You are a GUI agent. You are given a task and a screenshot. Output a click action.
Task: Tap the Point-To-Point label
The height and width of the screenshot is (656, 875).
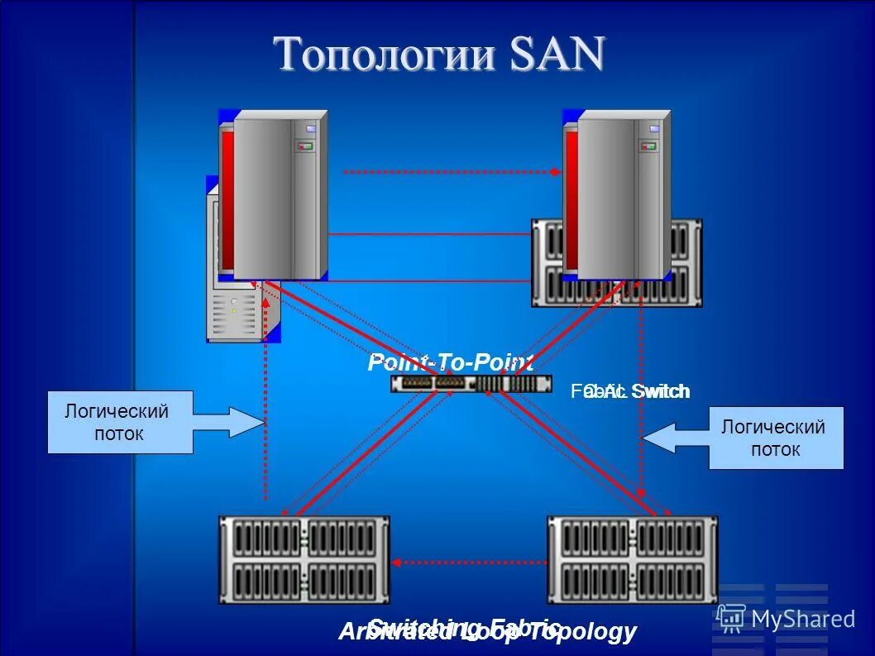coord(451,362)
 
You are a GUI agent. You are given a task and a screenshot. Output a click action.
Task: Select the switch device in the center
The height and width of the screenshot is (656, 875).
coord(471,384)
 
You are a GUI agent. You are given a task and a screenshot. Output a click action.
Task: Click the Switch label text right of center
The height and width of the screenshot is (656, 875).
coord(657,391)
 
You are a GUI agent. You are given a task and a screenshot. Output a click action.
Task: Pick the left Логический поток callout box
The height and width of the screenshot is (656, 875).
coord(119,422)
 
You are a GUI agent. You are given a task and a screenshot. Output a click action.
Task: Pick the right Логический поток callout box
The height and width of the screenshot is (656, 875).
coord(775,438)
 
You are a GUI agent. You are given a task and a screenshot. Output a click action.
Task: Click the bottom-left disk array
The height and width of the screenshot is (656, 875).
coord(304,558)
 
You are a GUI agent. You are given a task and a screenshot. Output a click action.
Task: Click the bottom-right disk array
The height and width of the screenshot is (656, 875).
coord(632,558)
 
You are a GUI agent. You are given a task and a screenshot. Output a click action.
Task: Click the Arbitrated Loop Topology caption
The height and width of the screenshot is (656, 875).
coord(487,633)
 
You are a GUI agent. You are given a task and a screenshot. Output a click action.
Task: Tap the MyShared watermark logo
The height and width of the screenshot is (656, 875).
coord(786,618)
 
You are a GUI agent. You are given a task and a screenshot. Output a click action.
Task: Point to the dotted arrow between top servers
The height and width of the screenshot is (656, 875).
coord(451,172)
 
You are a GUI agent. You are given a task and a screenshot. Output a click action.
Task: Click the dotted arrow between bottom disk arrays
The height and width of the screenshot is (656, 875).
coord(469,563)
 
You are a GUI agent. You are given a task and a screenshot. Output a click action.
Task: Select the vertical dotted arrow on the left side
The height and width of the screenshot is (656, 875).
coord(265,397)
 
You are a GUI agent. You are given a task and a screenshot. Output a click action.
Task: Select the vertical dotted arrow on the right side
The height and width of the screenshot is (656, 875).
coord(641,397)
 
